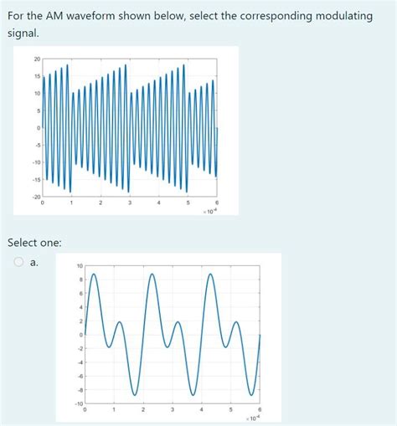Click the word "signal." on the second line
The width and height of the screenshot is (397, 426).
[23, 33]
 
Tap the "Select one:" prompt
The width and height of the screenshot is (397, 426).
[34, 243]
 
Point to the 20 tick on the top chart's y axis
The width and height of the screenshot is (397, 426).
[36, 59]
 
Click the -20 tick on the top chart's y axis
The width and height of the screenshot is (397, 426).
[35, 196]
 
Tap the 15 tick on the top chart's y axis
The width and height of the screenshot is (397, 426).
[36, 76]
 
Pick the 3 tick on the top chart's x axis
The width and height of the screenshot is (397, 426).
[130, 203]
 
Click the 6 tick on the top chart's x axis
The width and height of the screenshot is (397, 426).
[217, 203]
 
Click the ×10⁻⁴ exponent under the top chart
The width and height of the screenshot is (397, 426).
[209, 213]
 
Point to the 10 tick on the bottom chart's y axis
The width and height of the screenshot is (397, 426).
[79, 266]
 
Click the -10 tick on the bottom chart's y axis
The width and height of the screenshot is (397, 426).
[78, 403]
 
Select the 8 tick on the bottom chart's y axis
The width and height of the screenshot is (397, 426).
[80, 280]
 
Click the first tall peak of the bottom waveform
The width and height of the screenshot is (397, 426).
[93, 275]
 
